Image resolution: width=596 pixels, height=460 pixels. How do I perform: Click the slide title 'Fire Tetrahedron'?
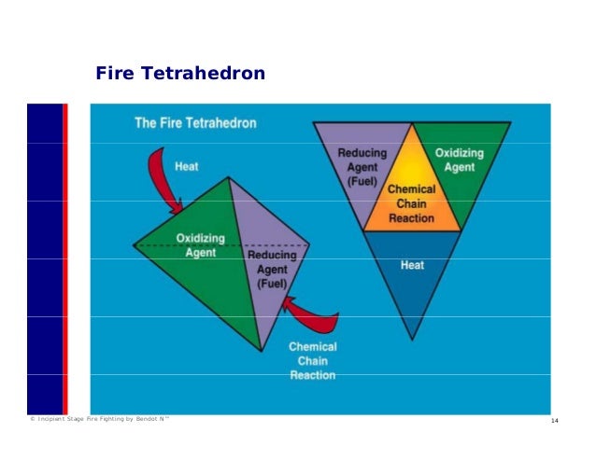point(180,73)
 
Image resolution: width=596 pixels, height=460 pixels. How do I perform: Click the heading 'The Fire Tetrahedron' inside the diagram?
point(195,122)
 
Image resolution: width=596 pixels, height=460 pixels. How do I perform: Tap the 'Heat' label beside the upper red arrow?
point(187,167)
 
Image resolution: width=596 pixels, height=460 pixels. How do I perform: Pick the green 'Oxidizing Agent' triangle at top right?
point(461,163)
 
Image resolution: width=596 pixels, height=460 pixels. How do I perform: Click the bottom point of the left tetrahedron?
point(261,351)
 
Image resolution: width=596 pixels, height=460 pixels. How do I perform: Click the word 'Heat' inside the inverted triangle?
point(412,265)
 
